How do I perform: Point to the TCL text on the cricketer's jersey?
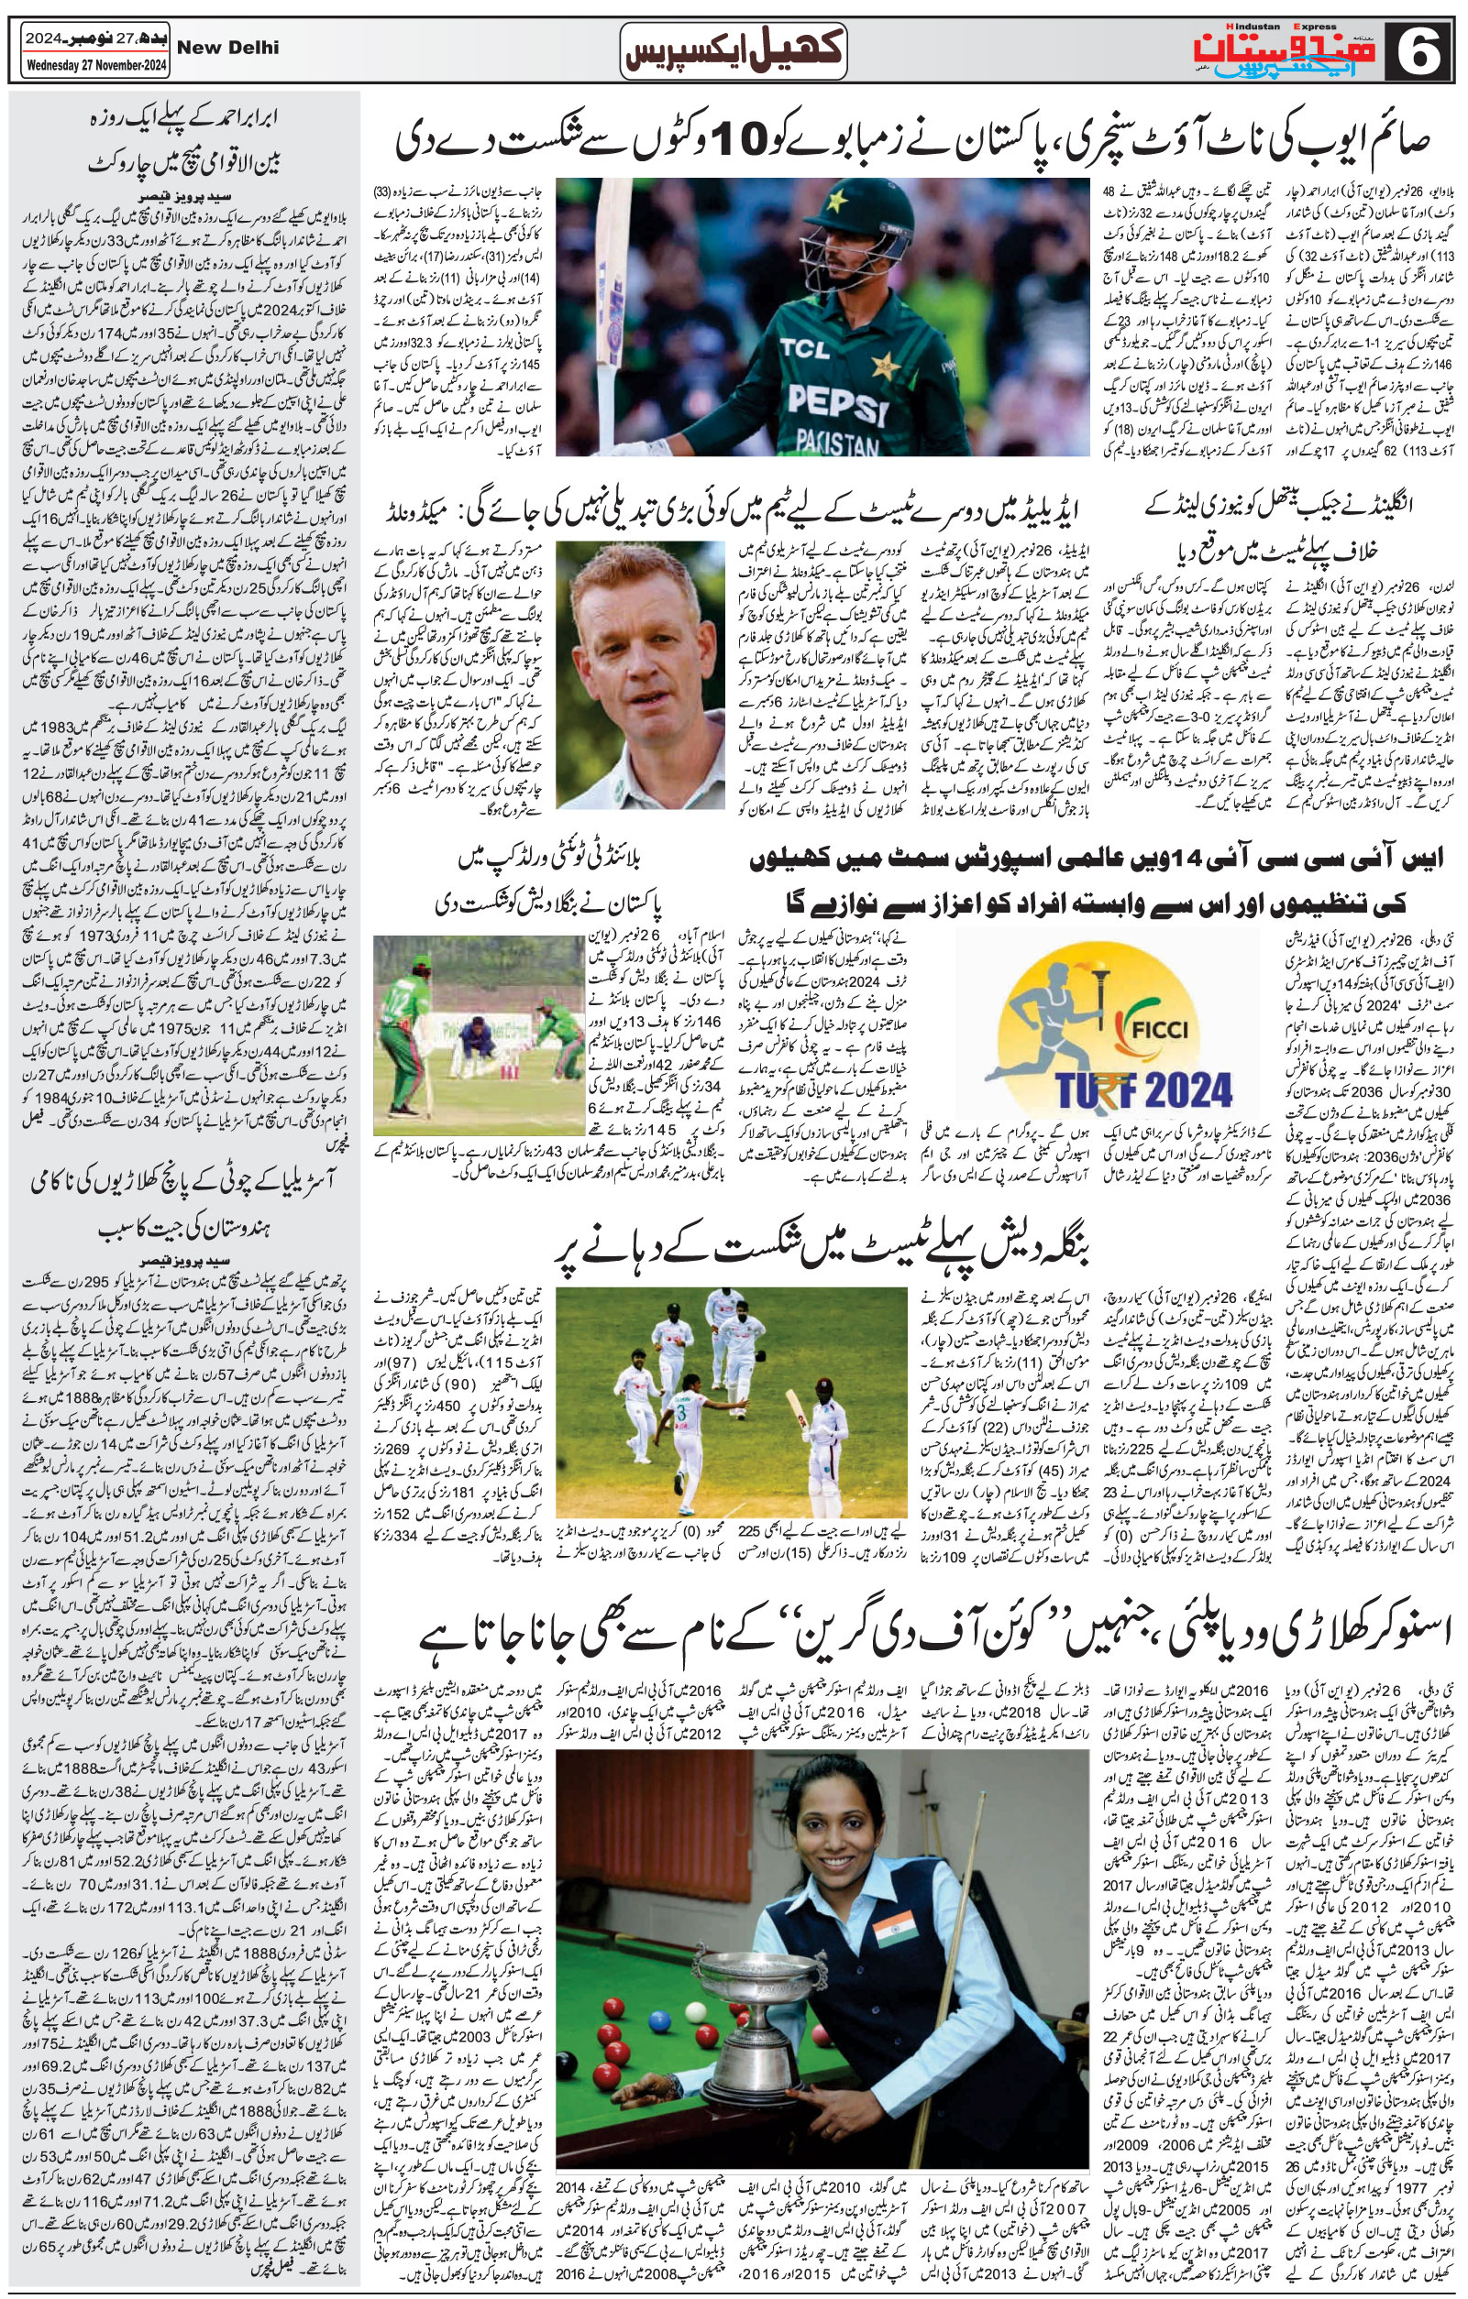[804, 349]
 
